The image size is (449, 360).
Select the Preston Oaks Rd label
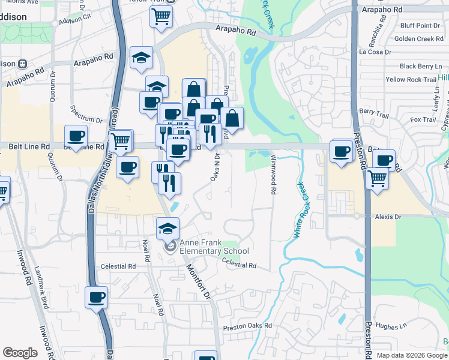click(247, 327)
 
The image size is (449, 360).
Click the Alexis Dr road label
click(388, 217)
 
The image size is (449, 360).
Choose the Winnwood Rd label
click(273, 175)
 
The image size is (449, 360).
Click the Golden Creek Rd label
click(418, 39)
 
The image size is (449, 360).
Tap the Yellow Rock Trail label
click(411, 79)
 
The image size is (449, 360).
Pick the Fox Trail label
click(423, 120)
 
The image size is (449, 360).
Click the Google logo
click(19, 353)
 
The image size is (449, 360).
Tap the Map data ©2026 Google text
click(411, 355)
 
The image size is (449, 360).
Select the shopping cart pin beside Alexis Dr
click(378, 178)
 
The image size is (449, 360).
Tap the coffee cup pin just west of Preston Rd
click(341, 151)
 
